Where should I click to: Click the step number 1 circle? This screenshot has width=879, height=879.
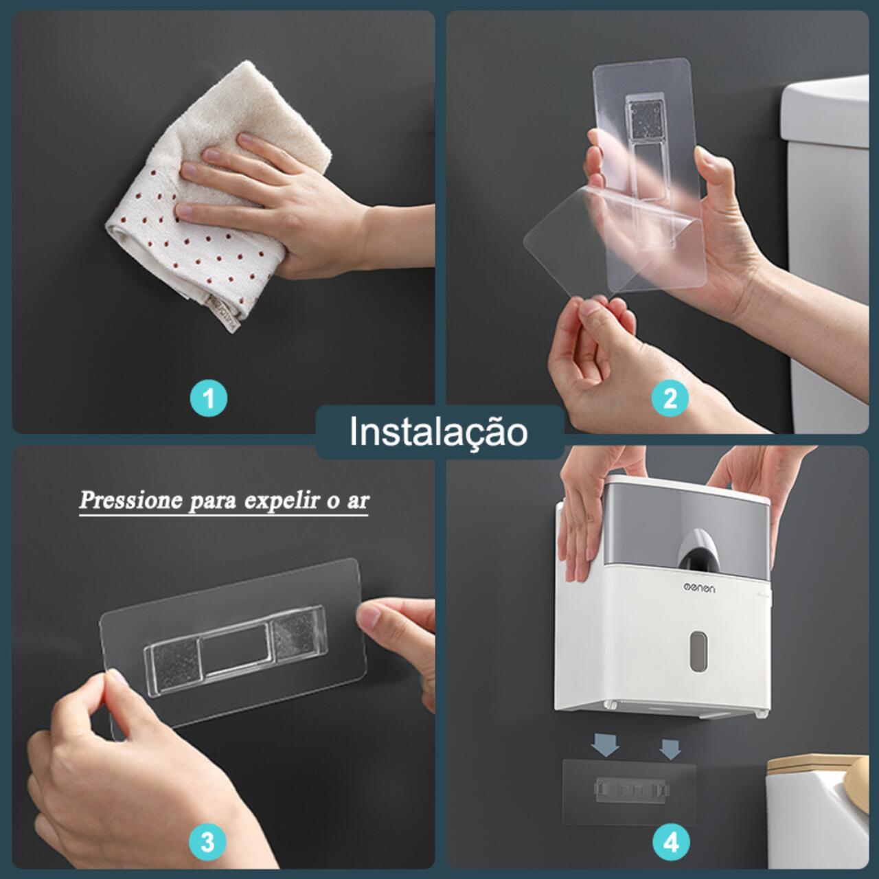209,398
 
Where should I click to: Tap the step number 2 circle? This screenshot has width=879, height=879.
670,398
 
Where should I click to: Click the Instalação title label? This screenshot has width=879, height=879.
439,432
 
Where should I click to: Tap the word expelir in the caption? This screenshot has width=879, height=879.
274,500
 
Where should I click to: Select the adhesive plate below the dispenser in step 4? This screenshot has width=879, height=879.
629,791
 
